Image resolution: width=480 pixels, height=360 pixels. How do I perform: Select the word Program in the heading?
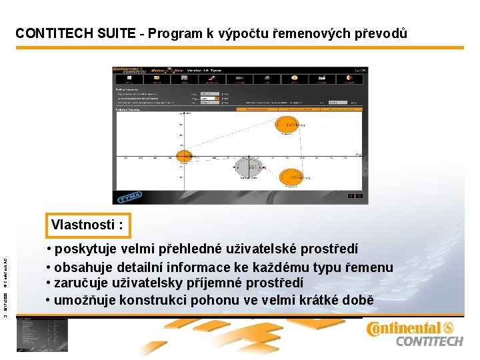(173, 33)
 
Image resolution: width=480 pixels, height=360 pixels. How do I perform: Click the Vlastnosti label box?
(87, 225)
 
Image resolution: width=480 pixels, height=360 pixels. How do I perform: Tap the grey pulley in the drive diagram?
(247, 167)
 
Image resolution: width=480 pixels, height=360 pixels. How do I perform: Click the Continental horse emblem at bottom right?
(448, 328)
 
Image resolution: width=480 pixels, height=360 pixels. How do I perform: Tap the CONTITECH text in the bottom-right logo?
(429, 341)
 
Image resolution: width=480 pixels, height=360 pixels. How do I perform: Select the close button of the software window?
(363, 70)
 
